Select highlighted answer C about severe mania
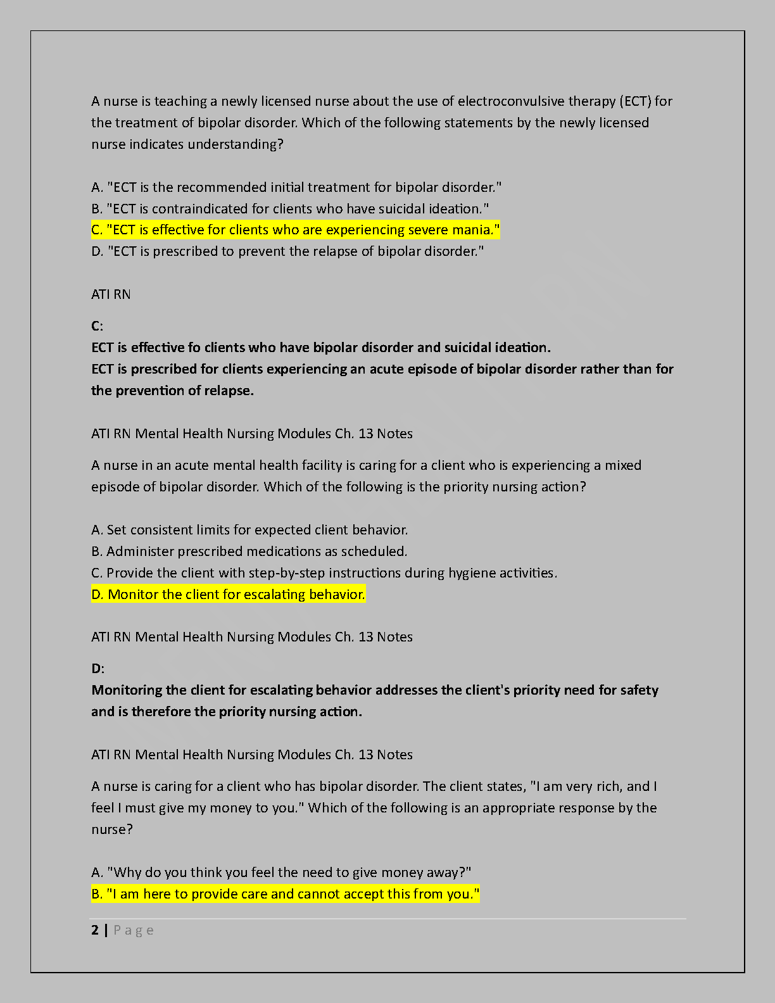295,230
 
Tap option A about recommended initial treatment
296,187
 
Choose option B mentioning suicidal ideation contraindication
290,209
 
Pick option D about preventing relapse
287,251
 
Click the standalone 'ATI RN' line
111,294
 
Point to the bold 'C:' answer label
97,326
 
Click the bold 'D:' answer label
98,669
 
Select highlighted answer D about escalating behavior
228,594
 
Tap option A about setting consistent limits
249,530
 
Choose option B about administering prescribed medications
249,552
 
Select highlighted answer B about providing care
285,894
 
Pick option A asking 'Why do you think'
281,873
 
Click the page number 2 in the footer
95,930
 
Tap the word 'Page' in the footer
134,930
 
